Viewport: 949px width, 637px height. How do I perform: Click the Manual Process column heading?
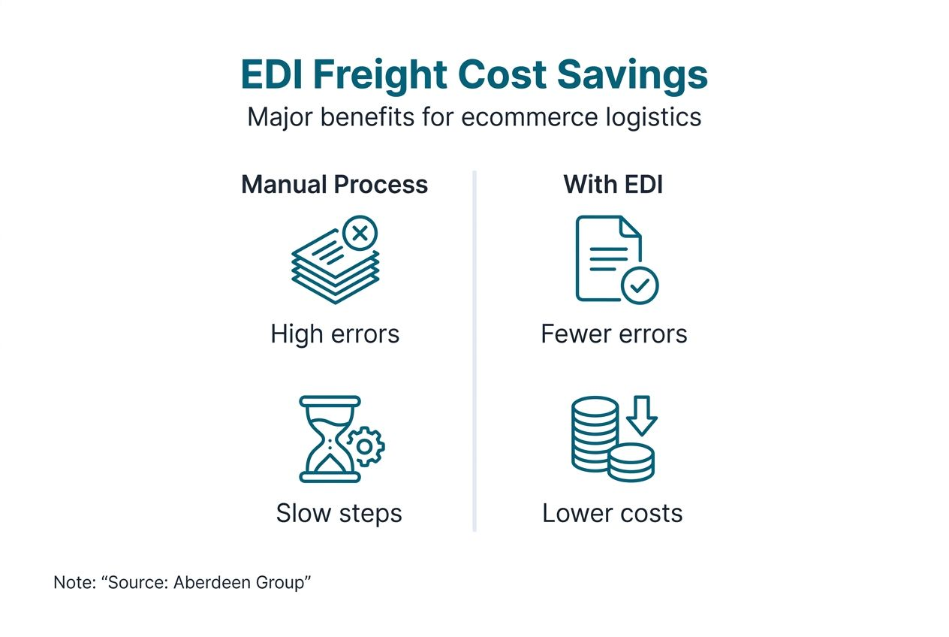pos(334,184)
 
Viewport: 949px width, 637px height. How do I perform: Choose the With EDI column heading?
pos(613,184)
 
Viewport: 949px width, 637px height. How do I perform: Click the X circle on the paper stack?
pos(360,234)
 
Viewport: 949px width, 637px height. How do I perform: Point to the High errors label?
pos(335,333)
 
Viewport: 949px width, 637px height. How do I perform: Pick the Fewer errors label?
pos(613,333)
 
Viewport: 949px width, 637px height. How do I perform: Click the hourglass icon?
pos(329,439)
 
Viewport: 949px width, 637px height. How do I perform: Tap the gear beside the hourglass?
pos(366,447)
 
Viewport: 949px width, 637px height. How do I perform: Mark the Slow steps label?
pos(339,513)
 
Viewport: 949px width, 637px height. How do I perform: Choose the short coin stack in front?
pos(631,462)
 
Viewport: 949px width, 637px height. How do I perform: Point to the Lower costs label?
pos(612,513)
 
